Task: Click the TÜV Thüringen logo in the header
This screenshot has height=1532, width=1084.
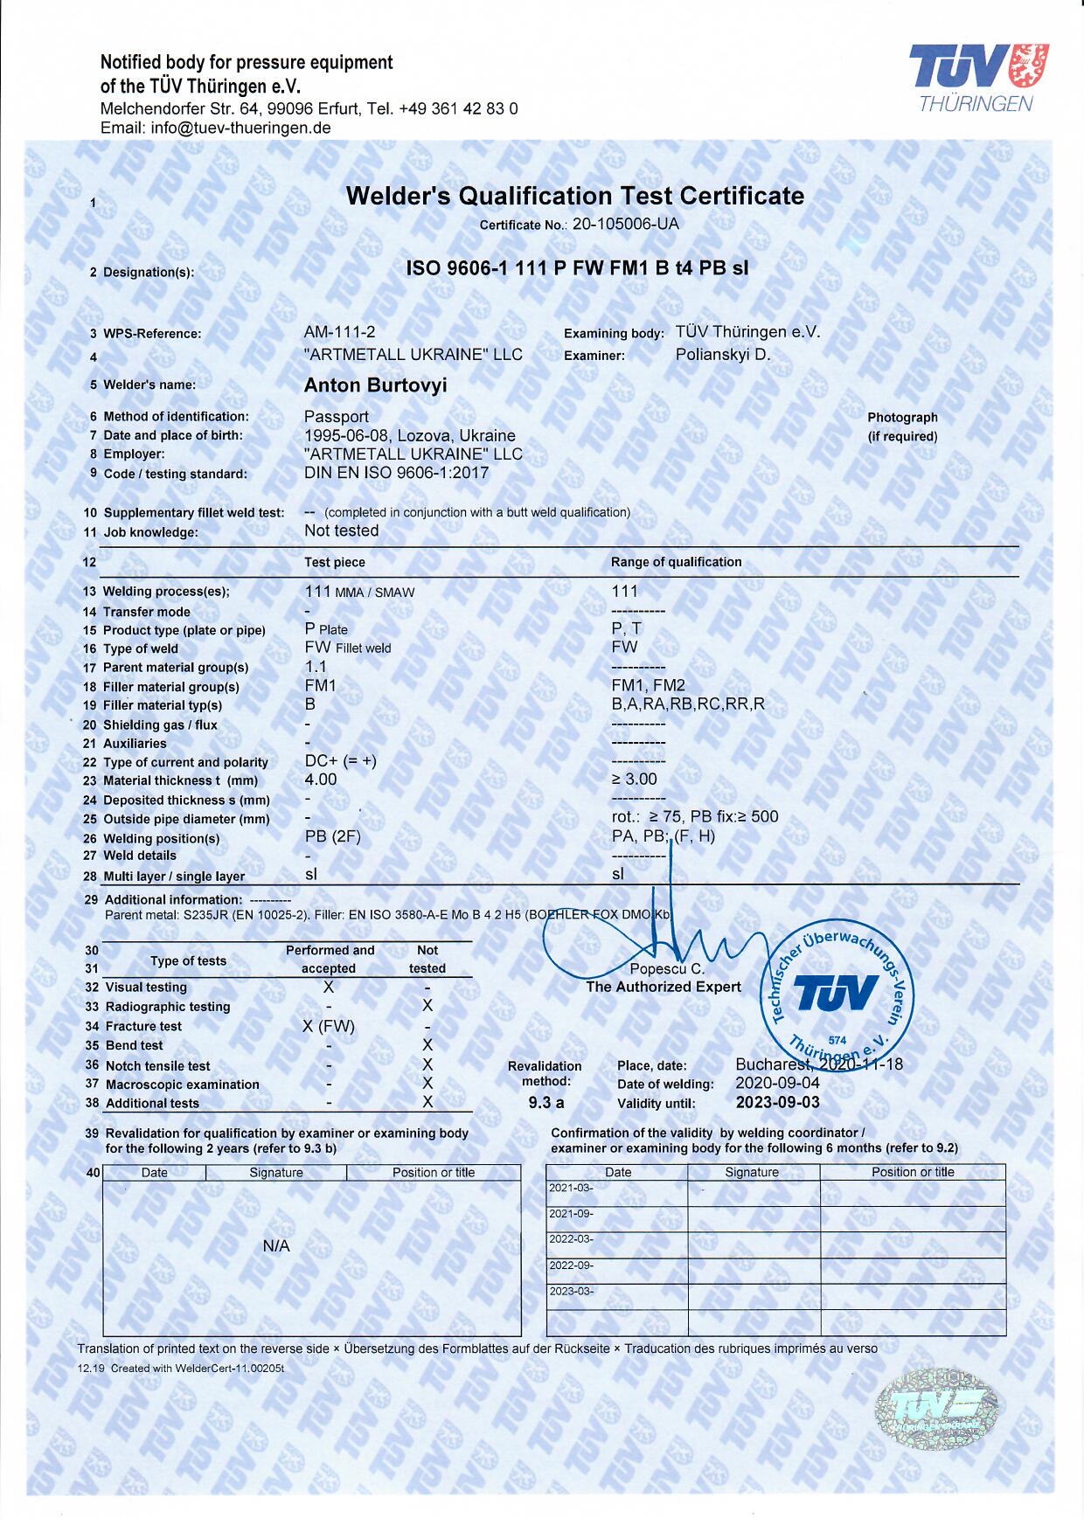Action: [x=978, y=78]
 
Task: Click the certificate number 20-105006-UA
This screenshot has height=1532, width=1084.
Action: [x=625, y=224]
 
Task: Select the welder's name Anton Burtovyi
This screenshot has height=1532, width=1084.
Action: [x=375, y=385]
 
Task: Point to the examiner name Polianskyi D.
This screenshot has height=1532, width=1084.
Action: [x=723, y=355]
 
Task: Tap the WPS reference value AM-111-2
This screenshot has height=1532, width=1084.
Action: [x=339, y=332]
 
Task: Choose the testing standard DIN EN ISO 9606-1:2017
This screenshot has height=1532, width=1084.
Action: [x=396, y=473]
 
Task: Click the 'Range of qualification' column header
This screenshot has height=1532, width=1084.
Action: [x=676, y=562]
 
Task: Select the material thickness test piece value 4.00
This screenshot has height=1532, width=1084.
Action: [x=321, y=780]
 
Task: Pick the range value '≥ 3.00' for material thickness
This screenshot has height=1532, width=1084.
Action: [x=634, y=780]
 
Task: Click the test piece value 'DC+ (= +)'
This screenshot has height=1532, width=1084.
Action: [x=341, y=761]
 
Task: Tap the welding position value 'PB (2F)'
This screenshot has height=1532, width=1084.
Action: [x=332, y=836]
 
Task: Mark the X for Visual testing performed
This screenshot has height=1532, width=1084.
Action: [x=329, y=987]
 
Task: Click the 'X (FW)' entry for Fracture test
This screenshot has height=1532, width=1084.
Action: [x=329, y=1026]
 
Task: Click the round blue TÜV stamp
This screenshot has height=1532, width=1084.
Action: [x=837, y=994]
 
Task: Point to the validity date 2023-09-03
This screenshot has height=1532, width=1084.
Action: [x=778, y=1103]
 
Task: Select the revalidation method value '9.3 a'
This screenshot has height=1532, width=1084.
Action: [x=546, y=1103]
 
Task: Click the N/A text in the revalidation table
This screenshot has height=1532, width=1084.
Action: [x=276, y=1246]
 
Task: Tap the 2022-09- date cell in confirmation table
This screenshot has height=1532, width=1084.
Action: [x=571, y=1265]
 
